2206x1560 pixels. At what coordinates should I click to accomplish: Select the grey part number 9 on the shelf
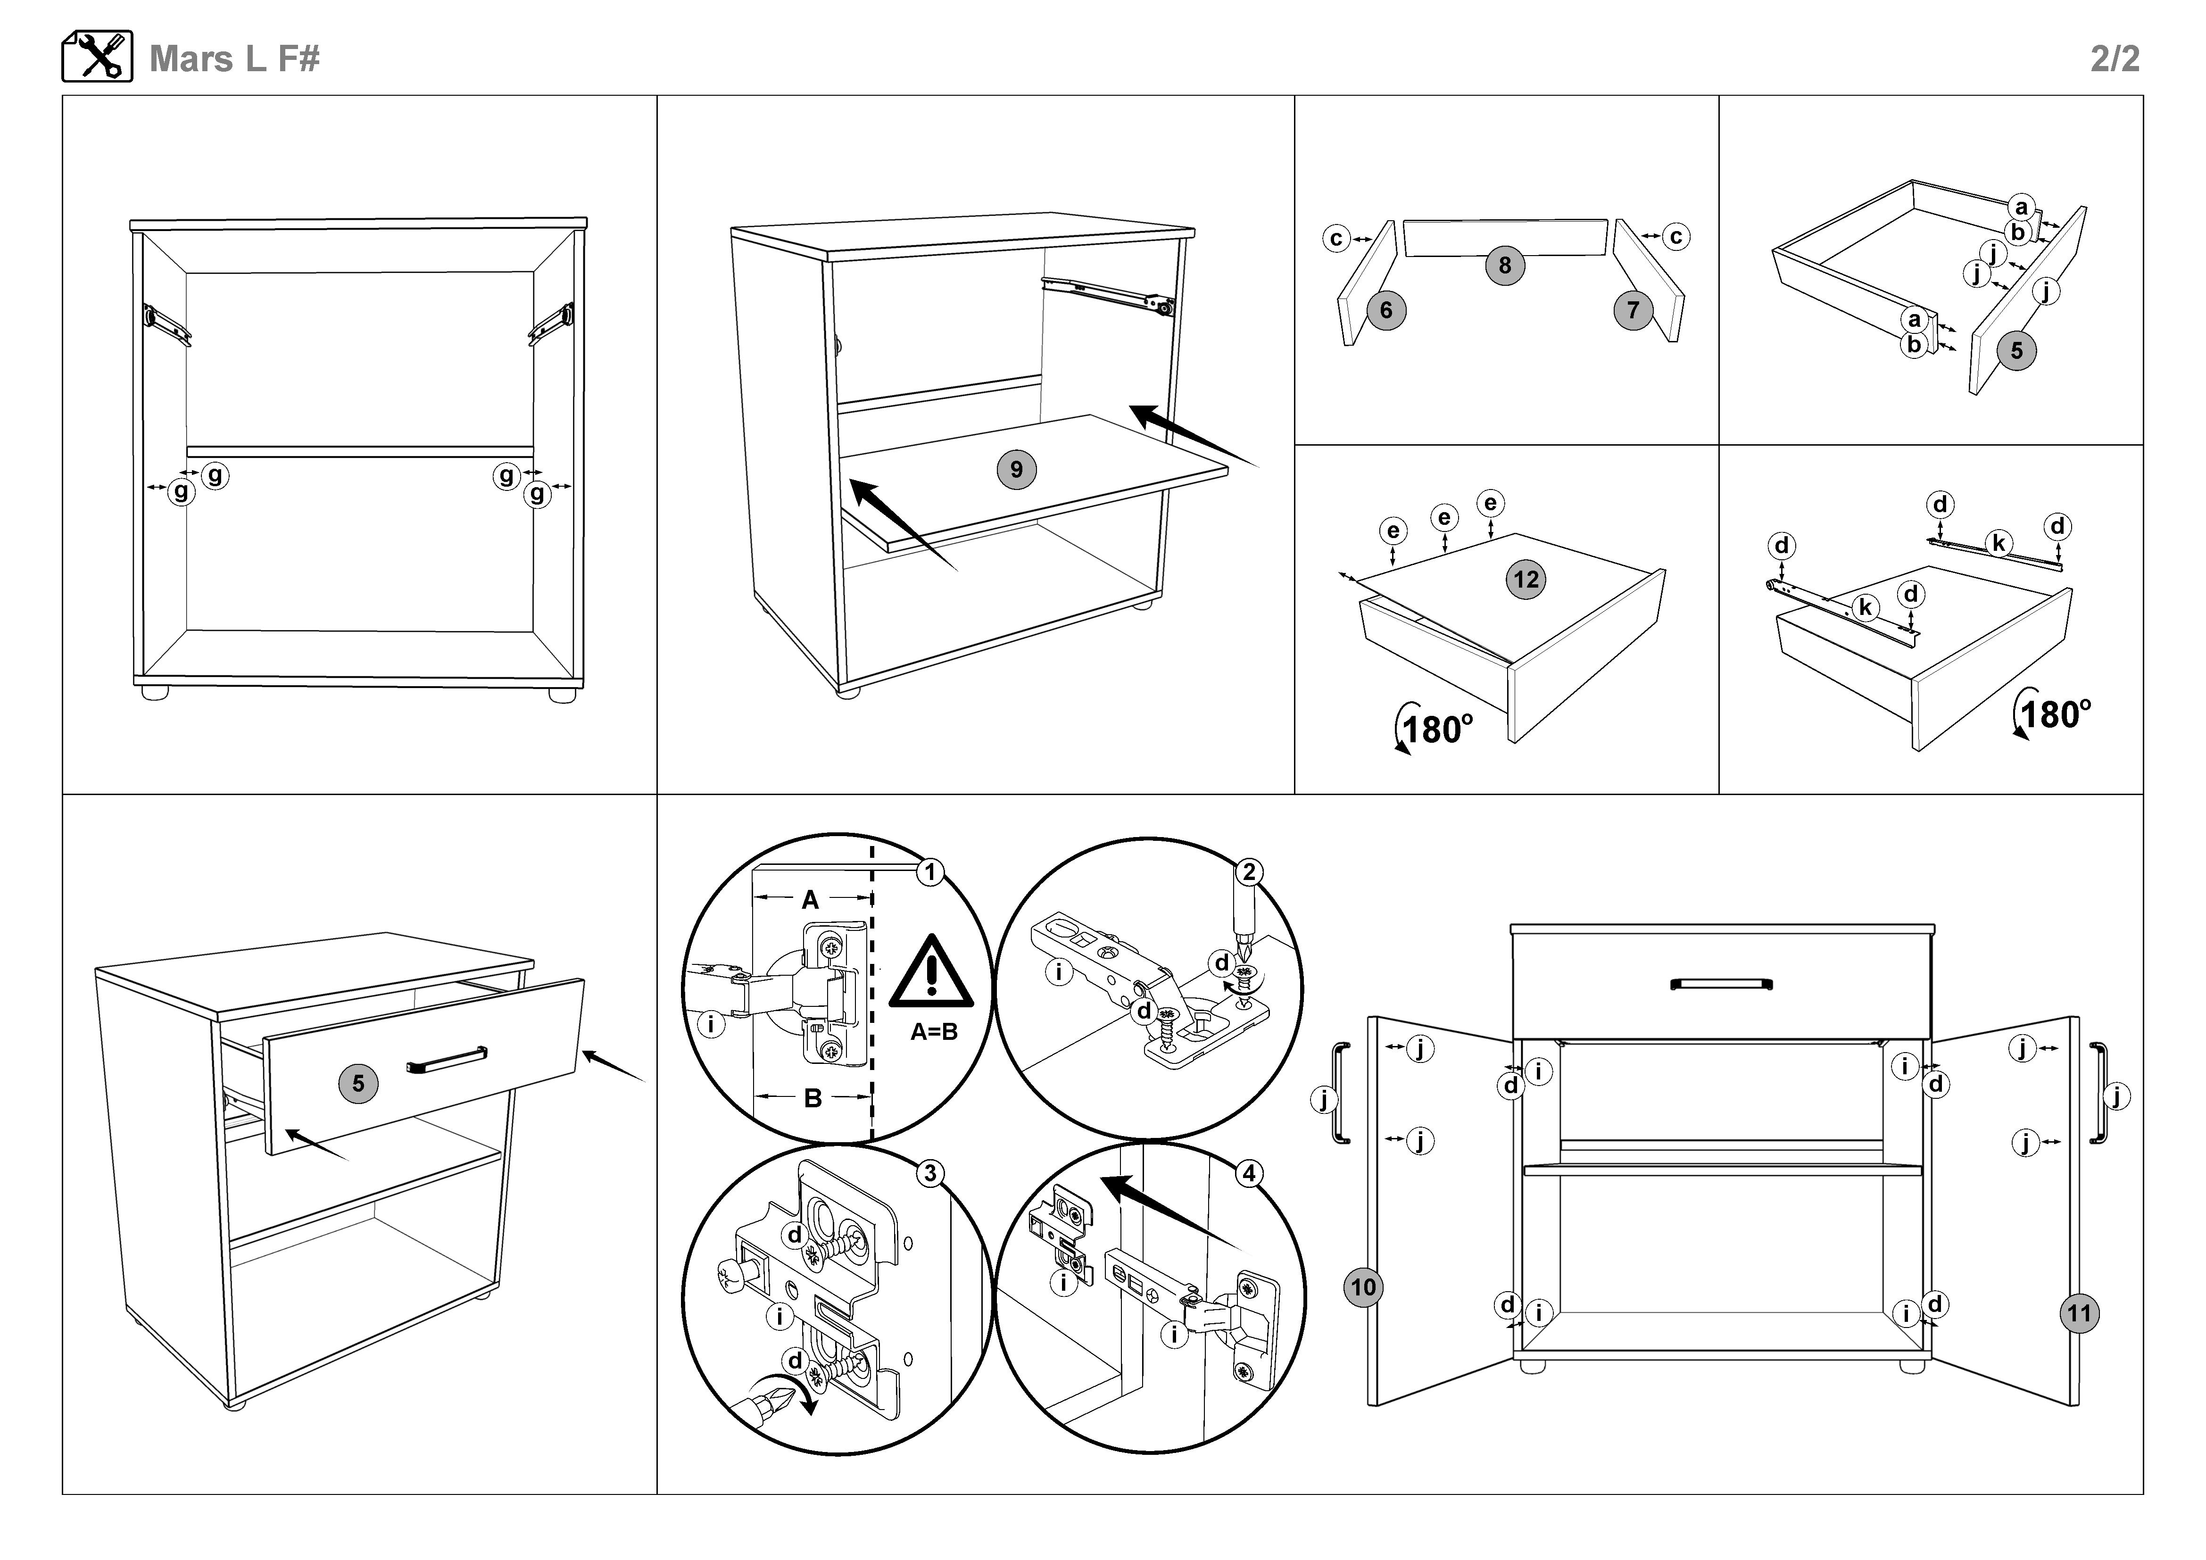pos(1017,470)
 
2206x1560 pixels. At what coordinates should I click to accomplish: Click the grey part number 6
pos(1385,310)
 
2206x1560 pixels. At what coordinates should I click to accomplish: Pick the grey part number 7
pos(1633,310)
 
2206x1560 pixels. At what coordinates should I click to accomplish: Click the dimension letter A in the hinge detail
pos(810,900)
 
